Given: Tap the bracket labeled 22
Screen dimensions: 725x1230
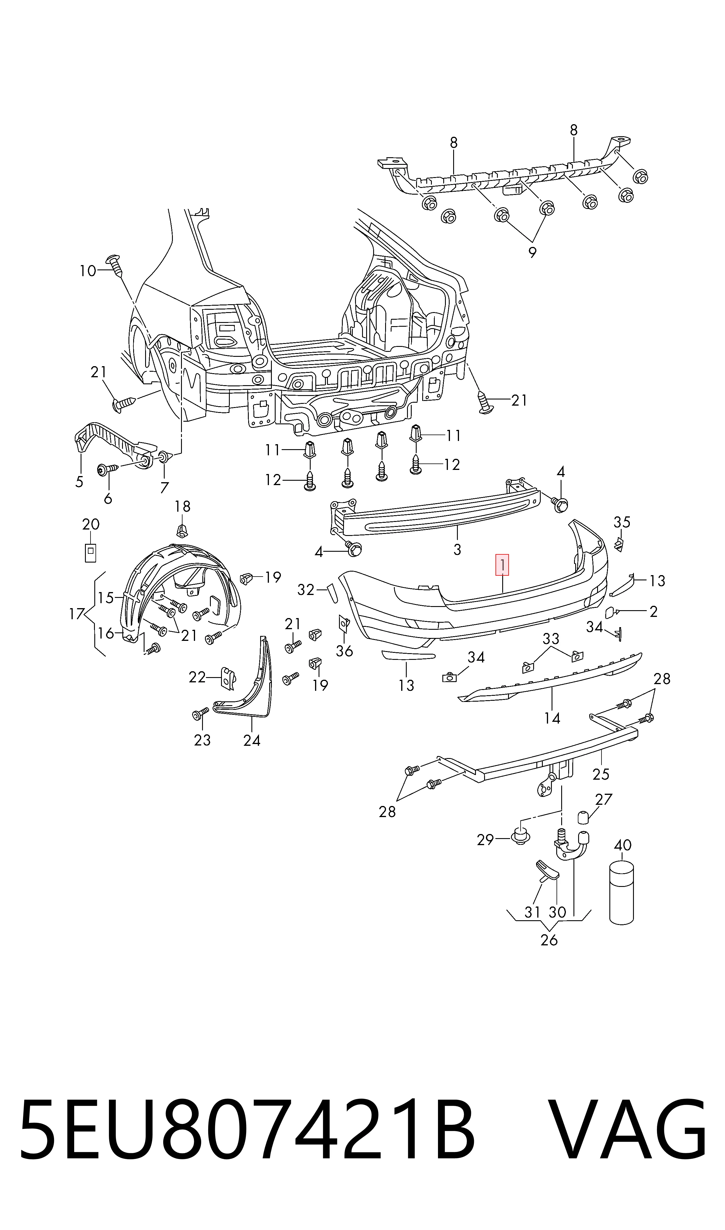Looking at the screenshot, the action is click(228, 679).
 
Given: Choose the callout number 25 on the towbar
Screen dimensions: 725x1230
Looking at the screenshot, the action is click(601, 774).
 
